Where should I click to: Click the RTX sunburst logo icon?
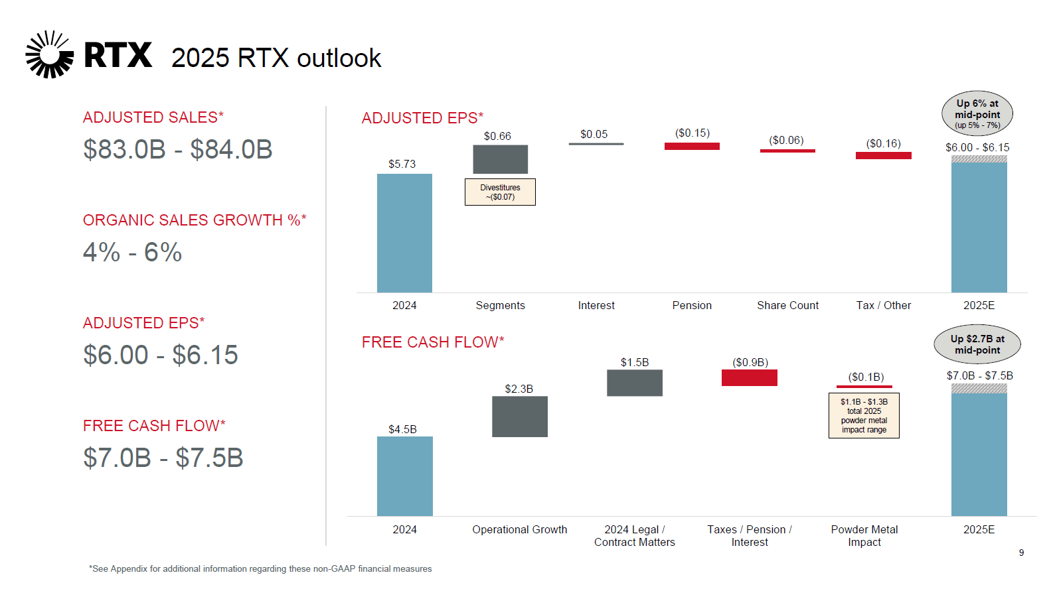coord(49,54)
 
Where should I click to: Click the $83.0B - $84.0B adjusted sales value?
coord(177,149)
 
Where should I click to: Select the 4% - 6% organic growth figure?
coord(132,252)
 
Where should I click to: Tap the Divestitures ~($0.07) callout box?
coord(500,192)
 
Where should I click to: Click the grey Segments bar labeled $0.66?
coord(500,159)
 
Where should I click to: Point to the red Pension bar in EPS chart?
coord(692,146)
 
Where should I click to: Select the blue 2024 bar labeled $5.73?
coord(404,232)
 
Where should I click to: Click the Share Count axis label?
coord(787,305)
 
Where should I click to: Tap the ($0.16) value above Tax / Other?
coord(883,143)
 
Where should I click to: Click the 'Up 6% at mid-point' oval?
coord(977,113)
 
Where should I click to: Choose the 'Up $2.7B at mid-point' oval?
coord(977,344)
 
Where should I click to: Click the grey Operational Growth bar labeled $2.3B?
coord(519,417)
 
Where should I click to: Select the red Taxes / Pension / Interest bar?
coord(749,377)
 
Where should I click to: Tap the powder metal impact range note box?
coord(864,416)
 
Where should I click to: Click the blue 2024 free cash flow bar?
coord(404,476)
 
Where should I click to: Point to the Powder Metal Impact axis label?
coord(864,535)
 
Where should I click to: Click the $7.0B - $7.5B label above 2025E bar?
coord(979,375)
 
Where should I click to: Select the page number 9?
coord(1021,553)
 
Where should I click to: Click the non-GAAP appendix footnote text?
coord(260,568)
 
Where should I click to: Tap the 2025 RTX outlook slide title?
coord(276,58)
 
